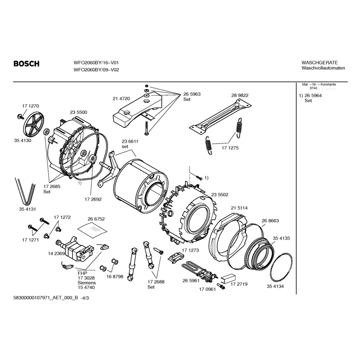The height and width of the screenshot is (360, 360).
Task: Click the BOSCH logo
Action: coord(26,64)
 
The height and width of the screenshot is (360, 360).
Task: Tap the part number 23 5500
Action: coord(78,112)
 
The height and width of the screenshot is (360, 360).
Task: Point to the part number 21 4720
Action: coord(121,99)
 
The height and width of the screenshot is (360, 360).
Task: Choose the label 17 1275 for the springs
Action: coord(230,148)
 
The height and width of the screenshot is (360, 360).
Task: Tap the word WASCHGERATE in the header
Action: coord(320,63)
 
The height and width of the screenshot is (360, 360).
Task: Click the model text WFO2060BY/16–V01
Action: coord(96,63)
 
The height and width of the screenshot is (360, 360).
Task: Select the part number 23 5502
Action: coord(220,194)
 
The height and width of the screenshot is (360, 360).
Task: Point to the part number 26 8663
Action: coord(270,220)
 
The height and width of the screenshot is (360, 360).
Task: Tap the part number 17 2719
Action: coord(239,284)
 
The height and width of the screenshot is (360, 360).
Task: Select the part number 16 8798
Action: coord(115,277)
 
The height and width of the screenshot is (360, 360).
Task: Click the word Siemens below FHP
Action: coord(86,283)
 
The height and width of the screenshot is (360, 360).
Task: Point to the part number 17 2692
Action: coord(93,199)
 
